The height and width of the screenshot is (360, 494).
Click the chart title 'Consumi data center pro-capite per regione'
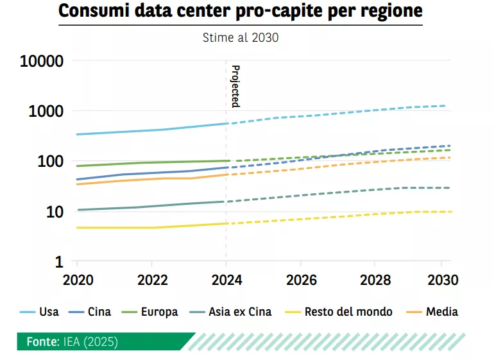point(241,12)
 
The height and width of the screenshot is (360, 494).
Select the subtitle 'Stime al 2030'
point(241,37)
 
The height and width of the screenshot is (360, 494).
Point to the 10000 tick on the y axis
point(42,61)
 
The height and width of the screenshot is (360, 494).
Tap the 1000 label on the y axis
point(46,111)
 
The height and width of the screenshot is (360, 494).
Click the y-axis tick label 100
point(50,161)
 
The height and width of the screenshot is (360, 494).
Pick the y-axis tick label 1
point(59,262)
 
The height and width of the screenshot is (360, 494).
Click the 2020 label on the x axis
point(77,280)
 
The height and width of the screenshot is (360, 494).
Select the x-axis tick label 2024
point(226,280)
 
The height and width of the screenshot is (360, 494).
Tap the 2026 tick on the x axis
point(300,280)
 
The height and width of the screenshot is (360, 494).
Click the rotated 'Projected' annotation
point(235,86)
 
